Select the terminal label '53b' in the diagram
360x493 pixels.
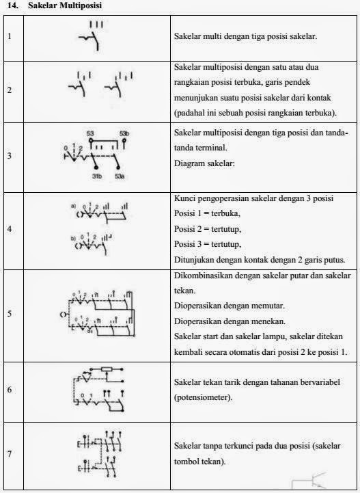pos(124,133)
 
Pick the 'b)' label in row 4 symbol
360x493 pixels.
pos(72,237)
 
